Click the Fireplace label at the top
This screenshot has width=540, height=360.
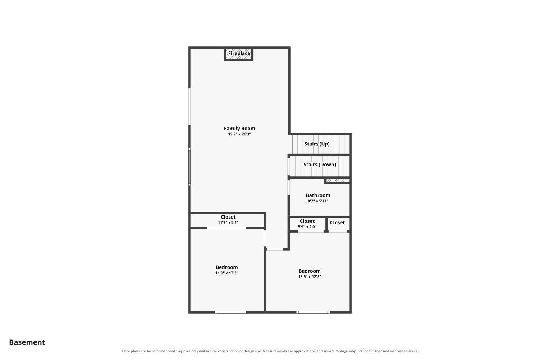[239, 53]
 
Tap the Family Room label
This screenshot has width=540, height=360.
[239, 129]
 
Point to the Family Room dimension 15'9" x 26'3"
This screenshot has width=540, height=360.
[239, 134]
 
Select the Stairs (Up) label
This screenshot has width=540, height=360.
[317, 144]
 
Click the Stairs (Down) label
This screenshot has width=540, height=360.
[320, 165]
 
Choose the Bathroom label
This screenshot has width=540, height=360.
[318, 195]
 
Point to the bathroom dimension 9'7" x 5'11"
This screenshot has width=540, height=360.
[318, 201]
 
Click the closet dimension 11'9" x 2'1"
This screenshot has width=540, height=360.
[228, 222]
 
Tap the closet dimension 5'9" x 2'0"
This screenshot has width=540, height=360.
[307, 227]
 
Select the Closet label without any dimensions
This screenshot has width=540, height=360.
[337, 222]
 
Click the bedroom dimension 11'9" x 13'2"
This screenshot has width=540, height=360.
[226, 273]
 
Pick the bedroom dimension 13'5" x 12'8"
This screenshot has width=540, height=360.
[310, 276]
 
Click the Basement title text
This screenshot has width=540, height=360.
[27, 342]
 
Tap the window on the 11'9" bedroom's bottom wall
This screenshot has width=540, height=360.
[230, 312]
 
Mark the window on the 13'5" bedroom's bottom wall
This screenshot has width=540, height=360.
[313, 312]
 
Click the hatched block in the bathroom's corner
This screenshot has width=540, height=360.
[338, 180]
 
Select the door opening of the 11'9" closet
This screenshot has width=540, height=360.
[226, 228]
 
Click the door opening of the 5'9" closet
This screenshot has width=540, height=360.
[311, 231]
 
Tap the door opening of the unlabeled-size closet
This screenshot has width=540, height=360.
[338, 231]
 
